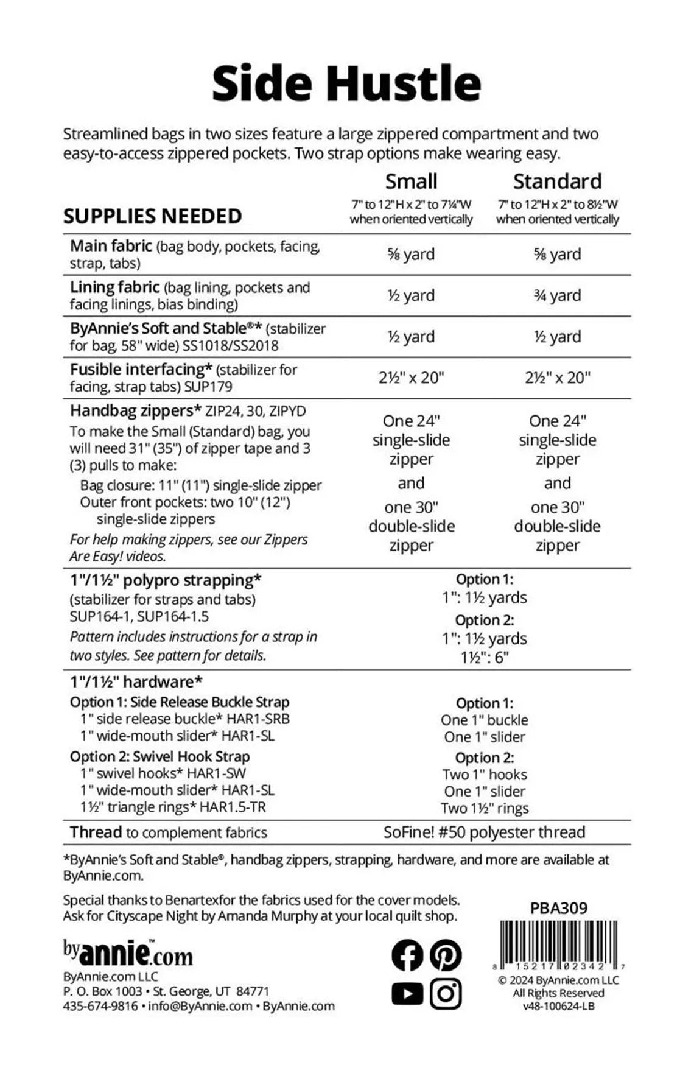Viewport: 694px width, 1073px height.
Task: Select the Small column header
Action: pos(411,181)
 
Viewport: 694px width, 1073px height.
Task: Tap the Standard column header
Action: pos(557,181)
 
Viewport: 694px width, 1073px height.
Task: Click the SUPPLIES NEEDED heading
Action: pos(152,216)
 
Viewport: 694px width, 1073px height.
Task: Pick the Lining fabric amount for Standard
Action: pos(557,295)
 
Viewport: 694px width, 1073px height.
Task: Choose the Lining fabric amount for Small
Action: pos(411,295)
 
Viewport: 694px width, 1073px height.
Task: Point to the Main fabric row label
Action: pos(111,246)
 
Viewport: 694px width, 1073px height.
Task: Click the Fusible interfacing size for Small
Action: pos(411,378)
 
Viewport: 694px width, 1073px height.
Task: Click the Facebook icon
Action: pos(407,955)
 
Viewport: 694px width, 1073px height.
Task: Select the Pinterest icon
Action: pos(446,955)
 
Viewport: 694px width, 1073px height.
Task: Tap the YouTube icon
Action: pos(407,994)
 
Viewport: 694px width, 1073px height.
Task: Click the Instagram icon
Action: pos(446,994)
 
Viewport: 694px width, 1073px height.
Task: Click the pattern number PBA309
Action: pos(558,909)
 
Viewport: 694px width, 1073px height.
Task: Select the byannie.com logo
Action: pos(128,953)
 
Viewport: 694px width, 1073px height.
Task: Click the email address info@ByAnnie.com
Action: pos(199,1006)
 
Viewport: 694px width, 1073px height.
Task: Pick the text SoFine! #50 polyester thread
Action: pos(484,832)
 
